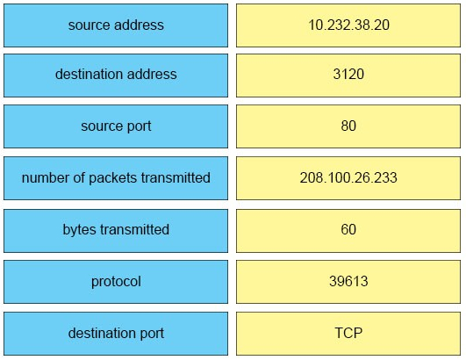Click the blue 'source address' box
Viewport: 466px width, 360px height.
click(x=116, y=25)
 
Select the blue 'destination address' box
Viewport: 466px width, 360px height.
click(x=116, y=76)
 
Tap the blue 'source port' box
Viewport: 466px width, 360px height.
click(x=116, y=126)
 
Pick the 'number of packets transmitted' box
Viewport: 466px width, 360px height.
click(x=116, y=178)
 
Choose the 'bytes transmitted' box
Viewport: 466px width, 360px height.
click(x=116, y=231)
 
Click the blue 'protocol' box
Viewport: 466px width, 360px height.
click(x=116, y=282)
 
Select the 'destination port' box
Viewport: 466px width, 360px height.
click(x=116, y=334)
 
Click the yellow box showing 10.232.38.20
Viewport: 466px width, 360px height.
click(x=348, y=25)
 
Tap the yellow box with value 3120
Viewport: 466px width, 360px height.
click(x=348, y=76)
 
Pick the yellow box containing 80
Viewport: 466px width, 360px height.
click(x=348, y=126)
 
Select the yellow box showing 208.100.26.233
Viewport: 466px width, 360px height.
click(x=348, y=178)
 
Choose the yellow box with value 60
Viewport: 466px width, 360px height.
click(x=348, y=231)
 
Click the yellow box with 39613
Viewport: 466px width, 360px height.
click(x=348, y=282)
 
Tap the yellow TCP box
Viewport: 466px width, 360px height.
click(x=348, y=334)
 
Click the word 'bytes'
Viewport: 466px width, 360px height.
click(x=78, y=230)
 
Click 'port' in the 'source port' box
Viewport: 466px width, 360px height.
click(x=139, y=126)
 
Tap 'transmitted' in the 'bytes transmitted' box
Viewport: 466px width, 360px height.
click(x=134, y=230)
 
